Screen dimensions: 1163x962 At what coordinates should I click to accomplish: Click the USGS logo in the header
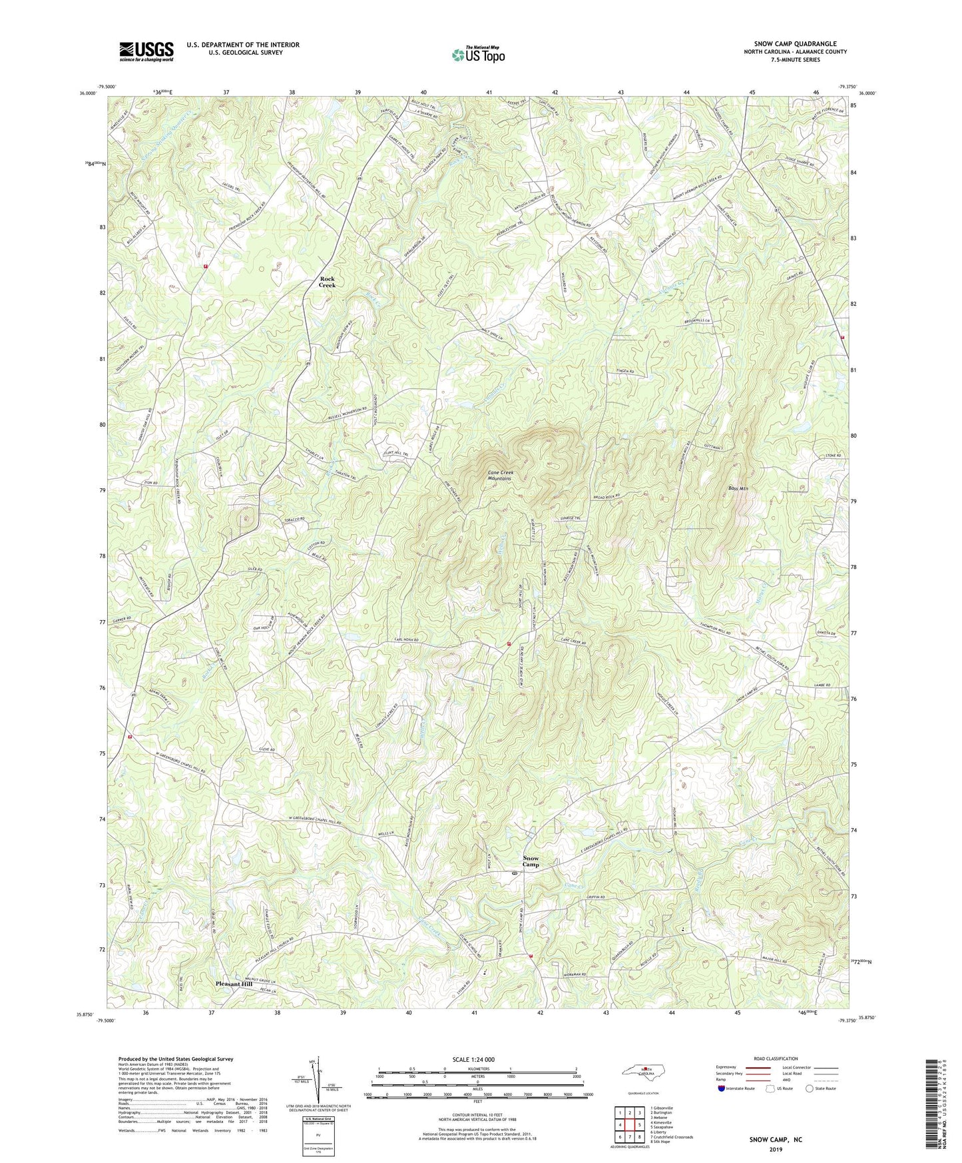146,51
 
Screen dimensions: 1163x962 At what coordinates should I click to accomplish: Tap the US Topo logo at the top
477,55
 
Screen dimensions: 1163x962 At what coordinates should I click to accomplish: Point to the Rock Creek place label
327,282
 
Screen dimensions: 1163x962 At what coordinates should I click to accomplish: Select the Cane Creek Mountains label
500,476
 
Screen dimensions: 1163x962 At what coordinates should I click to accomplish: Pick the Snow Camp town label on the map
531,861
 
